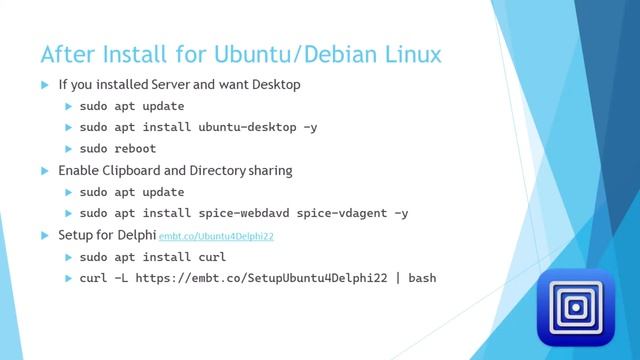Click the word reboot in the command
pos(136,149)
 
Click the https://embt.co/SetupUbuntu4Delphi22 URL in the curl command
pos(261,277)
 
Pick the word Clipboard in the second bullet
pos(135,171)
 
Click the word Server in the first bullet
pos(171,85)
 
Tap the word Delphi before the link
pos(137,235)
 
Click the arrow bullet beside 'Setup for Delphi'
pos(45,235)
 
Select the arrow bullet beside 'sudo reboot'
pos(69,149)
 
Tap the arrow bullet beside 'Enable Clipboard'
pos(45,171)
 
